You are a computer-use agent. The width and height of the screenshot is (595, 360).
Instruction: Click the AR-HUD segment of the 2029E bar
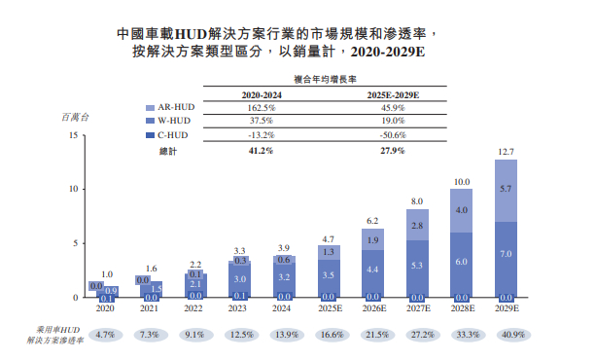tap(506, 191)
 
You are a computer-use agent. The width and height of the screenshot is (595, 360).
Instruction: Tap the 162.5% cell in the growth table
tap(257, 108)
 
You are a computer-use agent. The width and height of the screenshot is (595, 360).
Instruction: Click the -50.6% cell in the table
tap(394, 135)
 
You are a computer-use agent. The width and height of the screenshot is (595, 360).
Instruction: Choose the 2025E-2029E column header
tap(394, 94)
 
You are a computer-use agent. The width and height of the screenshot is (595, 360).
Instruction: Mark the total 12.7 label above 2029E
tap(506, 152)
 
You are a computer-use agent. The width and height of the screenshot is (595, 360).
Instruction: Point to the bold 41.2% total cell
tap(257, 151)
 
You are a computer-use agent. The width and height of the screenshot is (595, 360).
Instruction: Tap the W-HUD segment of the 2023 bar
tap(239, 279)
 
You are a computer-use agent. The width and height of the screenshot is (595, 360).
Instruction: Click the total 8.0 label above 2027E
tap(417, 201)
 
